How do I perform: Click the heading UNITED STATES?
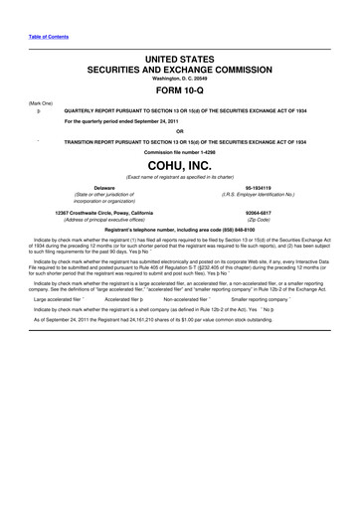pos(180,61)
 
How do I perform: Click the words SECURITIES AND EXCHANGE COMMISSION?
pos(180,72)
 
